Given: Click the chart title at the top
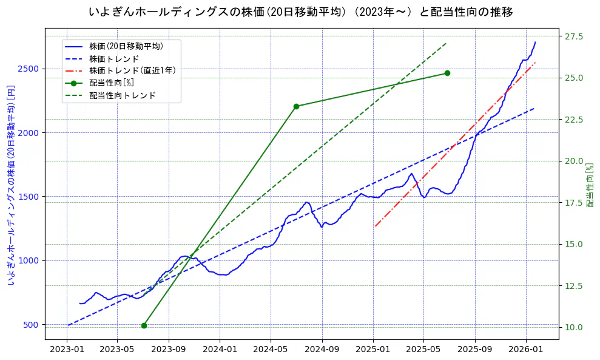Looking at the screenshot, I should (300, 12).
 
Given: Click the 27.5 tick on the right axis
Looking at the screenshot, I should (574, 36).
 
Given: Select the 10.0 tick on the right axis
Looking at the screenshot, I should (574, 327).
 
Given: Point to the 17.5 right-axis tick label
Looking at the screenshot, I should (574, 203).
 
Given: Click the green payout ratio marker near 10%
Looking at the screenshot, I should (144, 325).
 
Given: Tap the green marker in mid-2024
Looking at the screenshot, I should (296, 106).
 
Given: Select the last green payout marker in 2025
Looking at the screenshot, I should (447, 73).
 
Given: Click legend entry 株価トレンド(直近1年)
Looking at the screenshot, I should (132, 70).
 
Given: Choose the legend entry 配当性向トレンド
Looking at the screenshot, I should (122, 95).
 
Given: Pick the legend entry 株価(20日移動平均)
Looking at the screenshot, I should (126, 46).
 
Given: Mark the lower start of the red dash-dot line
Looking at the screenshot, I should (375, 226).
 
